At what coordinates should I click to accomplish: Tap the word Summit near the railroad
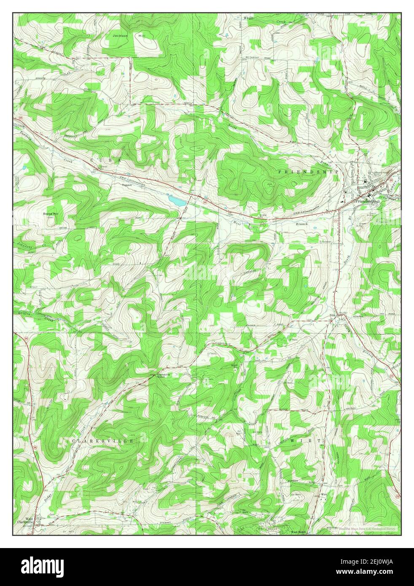(x=126, y=185)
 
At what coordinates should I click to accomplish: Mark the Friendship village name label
(x=364, y=202)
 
